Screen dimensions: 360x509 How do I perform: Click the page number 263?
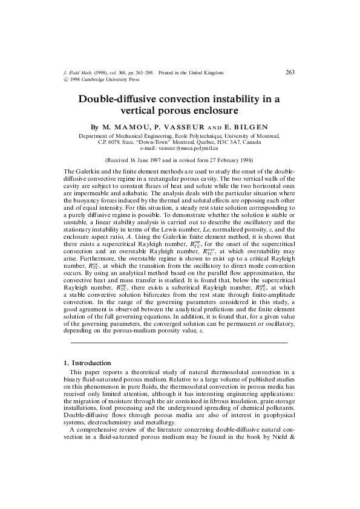289,73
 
